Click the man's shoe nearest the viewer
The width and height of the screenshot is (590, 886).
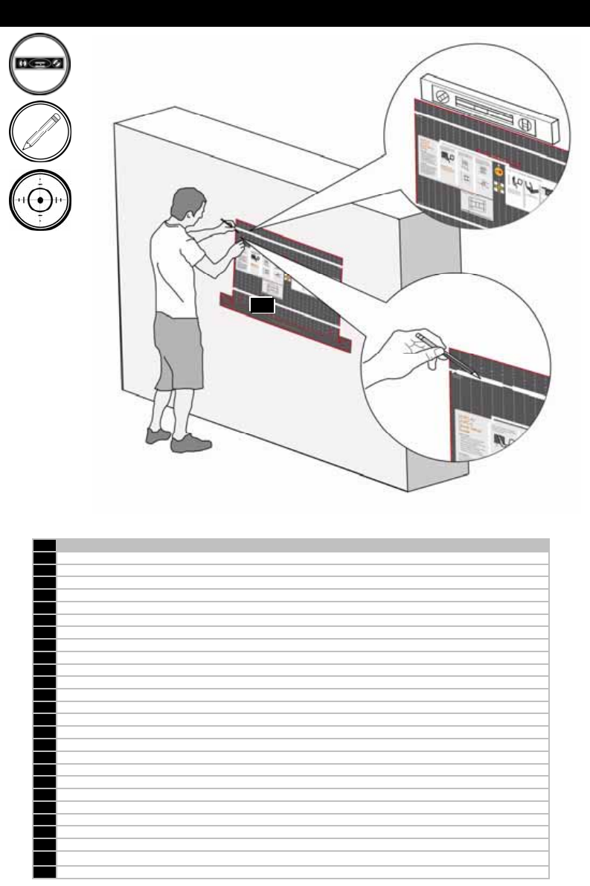coord(190,443)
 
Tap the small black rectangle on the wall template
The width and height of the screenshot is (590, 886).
coord(262,305)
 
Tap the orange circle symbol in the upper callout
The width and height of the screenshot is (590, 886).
coord(499,170)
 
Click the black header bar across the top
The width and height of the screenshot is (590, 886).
coord(295,13)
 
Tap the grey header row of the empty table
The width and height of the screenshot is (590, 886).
coord(302,544)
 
